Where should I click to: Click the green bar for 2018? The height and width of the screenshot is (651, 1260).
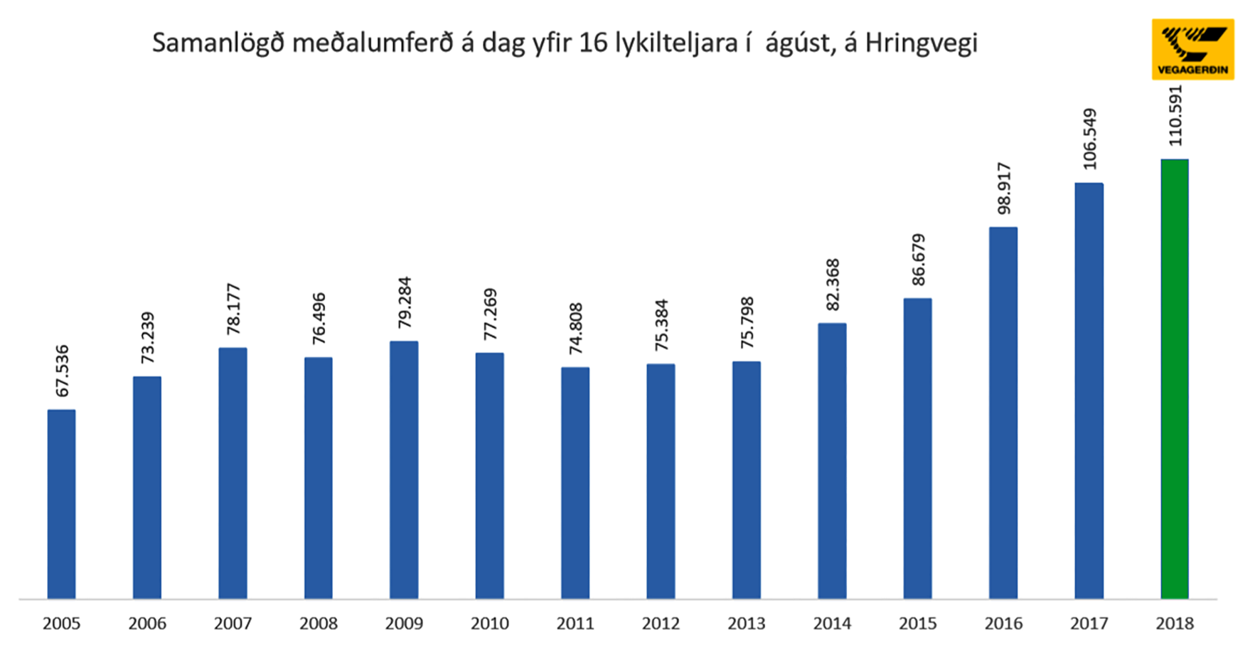tap(1175, 379)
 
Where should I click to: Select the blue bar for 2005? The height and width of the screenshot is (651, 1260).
tap(61, 504)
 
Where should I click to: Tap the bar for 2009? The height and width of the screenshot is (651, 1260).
tap(404, 470)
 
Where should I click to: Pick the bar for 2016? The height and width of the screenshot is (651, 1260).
tap(1003, 413)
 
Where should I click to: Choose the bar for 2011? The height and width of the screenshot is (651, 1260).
tap(575, 482)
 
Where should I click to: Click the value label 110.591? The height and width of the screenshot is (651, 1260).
tap(1175, 115)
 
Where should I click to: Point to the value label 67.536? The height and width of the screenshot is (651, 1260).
tap(63, 371)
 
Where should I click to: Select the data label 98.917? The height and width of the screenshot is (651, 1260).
tap(1003, 189)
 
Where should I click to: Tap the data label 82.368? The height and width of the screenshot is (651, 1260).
tap(833, 285)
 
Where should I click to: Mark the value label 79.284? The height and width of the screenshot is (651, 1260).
tap(405, 302)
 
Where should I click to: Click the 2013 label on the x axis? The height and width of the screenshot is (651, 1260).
tap(746, 624)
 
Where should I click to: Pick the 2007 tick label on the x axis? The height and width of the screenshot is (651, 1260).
tap(233, 624)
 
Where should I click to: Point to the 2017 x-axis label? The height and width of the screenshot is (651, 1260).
tap(1089, 624)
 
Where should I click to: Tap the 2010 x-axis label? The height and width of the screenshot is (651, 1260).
tap(489, 624)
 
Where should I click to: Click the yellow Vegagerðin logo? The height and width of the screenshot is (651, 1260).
tap(1192, 49)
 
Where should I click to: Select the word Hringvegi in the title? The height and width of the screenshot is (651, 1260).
tap(921, 43)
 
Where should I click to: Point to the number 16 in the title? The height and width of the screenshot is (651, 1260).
tap(592, 43)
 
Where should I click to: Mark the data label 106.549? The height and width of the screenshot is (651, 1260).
tap(1089, 139)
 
